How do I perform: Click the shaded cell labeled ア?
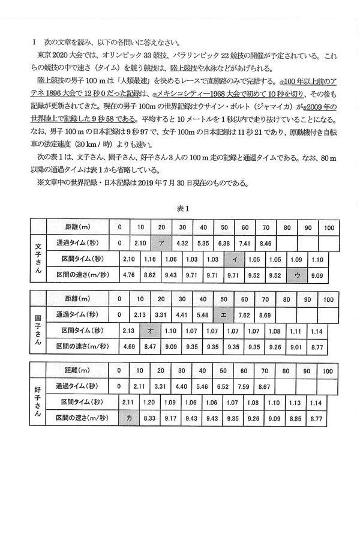coord(161,243)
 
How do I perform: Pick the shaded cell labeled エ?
coord(223,314)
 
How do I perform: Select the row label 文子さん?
coord(38,259)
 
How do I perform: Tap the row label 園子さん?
coord(38,330)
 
